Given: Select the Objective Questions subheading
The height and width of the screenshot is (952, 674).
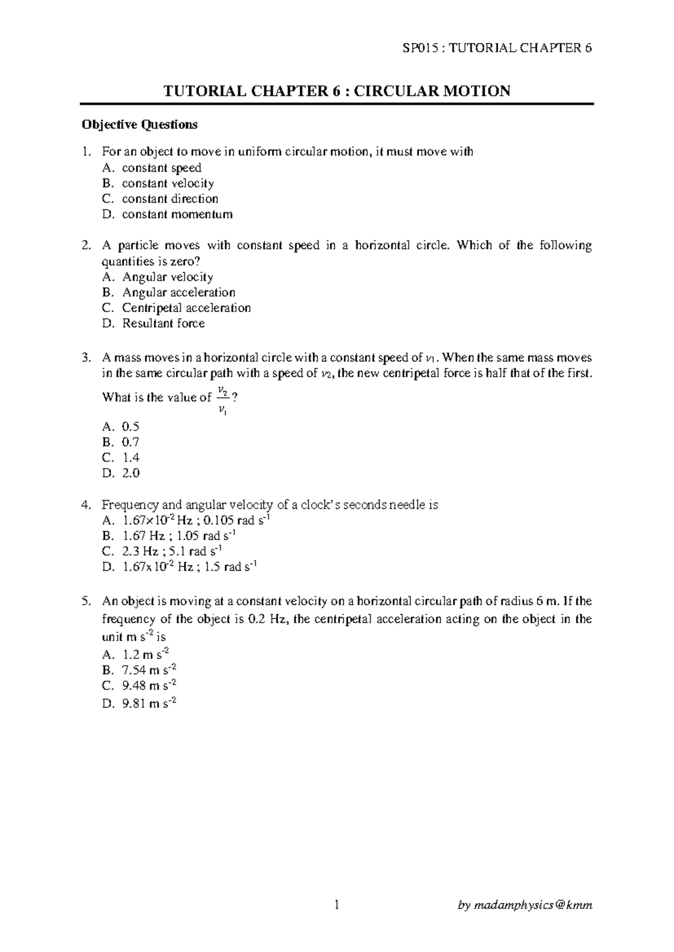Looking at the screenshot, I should pyautogui.click(x=139, y=125).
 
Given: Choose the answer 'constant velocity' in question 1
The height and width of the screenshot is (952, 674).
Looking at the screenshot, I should pyautogui.click(x=167, y=184).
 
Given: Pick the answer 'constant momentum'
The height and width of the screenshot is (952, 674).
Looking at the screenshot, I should pyautogui.click(x=177, y=214).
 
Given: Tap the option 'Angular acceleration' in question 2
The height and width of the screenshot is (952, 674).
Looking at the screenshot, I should pyautogui.click(x=178, y=292).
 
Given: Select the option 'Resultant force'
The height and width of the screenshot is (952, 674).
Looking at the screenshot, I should pyautogui.click(x=163, y=323).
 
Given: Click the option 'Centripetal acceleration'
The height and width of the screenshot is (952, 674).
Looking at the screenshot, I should pyautogui.click(x=186, y=308).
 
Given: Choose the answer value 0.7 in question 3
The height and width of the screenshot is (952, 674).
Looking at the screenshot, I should pyautogui.click(x=130, y=442).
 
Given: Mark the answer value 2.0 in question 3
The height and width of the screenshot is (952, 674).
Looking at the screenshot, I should pyautogui.click(x=130, y=473).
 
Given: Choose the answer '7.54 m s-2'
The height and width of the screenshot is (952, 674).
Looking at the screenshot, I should pyautogui.click(x=149, y=670).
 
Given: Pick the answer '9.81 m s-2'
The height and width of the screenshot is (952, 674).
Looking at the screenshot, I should pyautogui.click(x=149, y=702).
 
